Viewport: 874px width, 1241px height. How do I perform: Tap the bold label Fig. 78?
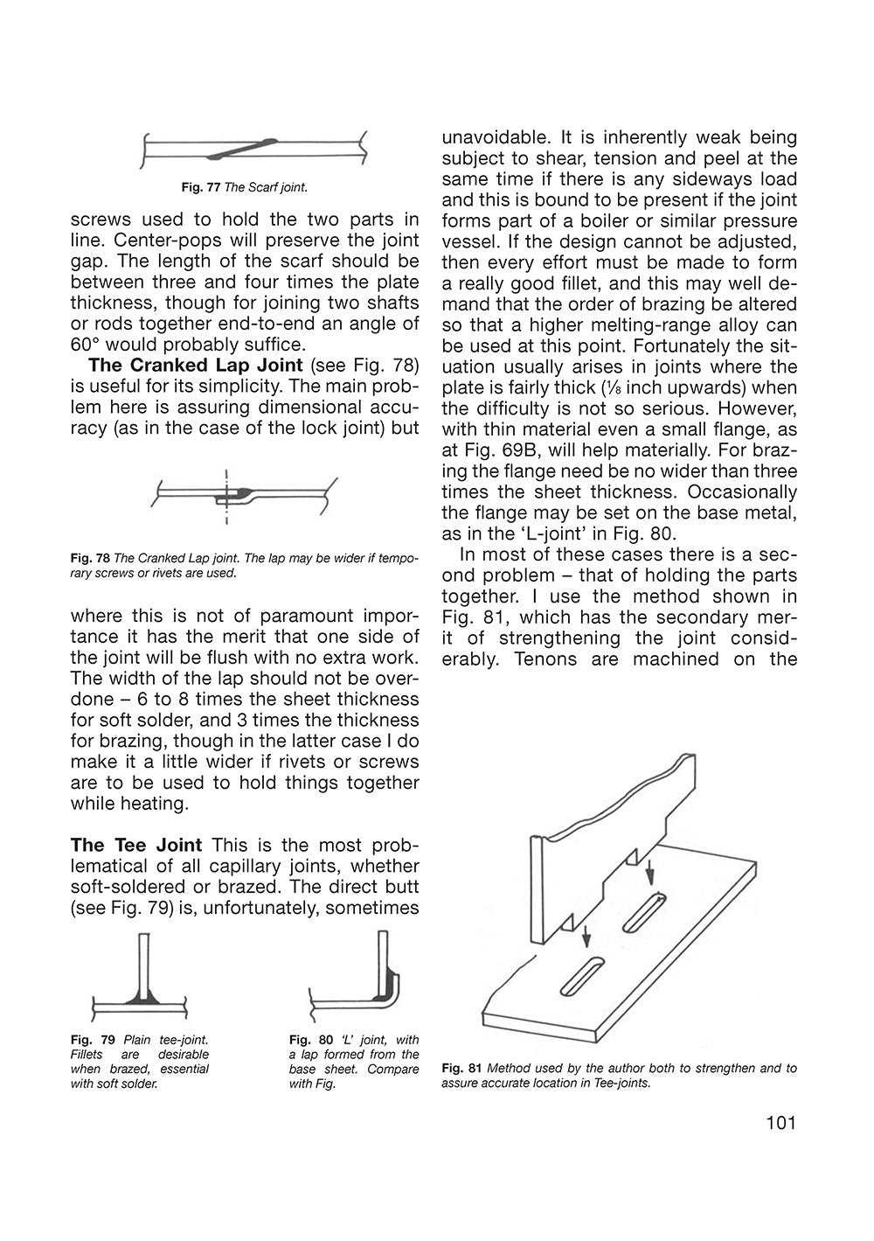[x=90, y=558]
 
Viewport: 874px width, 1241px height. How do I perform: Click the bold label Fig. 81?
[x=462, y=1068]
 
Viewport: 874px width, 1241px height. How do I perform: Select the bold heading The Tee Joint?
[x=135, y=845]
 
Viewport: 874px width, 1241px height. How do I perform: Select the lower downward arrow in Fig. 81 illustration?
[x=586, y=937]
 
